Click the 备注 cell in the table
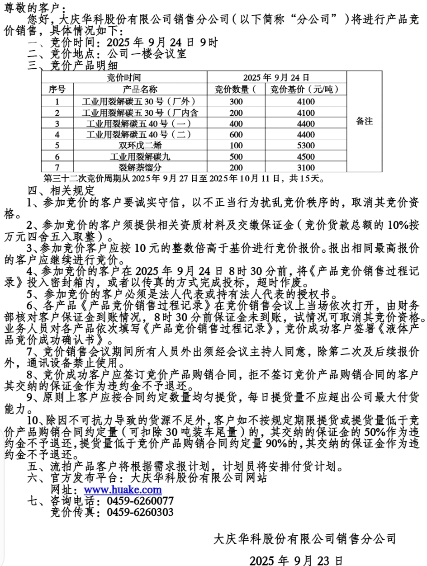pos(365,121)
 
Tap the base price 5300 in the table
pos(306,146)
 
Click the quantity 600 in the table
pos(236,134)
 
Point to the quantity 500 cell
pos(236,157)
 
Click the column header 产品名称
pos(140,89)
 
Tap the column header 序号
pos(57,89)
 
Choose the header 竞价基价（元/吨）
pos(306,89)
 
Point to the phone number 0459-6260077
pos(140,501)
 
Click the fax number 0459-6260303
pos(140,512)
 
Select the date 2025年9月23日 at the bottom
pos(296,561)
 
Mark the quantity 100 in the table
pos(236,146)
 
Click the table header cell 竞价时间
pos(123,77)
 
